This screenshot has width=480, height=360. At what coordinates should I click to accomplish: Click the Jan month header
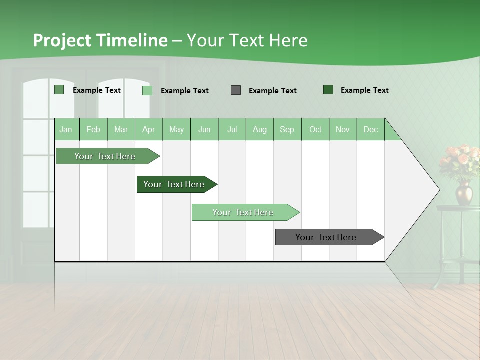point(66,129)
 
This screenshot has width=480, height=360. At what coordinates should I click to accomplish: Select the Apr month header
point(149,129)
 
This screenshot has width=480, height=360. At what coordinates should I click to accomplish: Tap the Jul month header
point(232,129)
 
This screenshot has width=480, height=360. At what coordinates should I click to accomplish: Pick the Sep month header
point(287,129)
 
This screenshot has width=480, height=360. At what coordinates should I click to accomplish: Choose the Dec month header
point(370,129)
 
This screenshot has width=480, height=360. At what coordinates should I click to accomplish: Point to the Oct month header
point(315,129)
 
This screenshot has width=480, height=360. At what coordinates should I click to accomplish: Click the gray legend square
point(236,90)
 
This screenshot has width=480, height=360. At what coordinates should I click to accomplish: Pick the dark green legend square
point(328,90)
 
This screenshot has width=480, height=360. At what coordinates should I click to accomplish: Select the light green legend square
point(147,90)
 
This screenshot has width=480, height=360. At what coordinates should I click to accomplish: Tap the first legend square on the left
point(59,90)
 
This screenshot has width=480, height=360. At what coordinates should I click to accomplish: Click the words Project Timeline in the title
point(100,40)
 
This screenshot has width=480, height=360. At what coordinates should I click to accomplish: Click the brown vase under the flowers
point(463,194)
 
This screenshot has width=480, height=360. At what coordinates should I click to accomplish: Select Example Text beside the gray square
point(273,91)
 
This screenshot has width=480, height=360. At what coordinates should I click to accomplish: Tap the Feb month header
point(93,129)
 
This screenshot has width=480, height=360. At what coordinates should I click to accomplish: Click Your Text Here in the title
point(247,40)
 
